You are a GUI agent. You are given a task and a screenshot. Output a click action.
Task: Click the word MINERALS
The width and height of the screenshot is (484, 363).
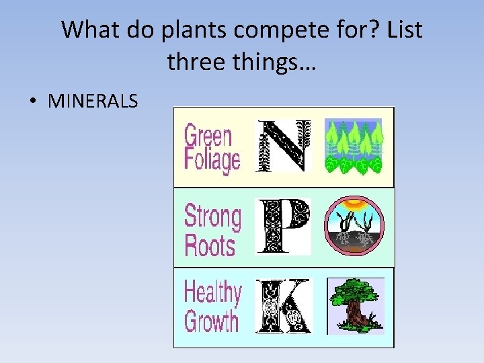[93, 102]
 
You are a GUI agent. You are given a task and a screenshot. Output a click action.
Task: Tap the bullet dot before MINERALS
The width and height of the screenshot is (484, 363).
[32, 102]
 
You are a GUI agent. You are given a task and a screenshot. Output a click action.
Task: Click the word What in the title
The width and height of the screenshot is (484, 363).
[89, 30]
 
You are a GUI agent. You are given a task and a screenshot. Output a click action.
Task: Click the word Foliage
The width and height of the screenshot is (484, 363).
[212, 161]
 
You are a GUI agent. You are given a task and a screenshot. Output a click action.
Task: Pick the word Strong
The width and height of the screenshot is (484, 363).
[212, 216]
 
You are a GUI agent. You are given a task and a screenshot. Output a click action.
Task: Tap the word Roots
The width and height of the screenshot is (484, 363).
[209, 245]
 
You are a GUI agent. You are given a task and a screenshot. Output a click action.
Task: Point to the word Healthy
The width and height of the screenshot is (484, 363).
[212, 293]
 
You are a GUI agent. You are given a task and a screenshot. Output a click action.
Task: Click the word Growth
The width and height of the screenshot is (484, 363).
[211, 321]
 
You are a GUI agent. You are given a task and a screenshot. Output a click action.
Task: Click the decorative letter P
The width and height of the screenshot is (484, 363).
[284, 227]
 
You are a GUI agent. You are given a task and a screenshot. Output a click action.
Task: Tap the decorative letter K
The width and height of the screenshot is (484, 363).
[284, 307]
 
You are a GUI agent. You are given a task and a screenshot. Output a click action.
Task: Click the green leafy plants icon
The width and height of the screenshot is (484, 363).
[354, 147]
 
